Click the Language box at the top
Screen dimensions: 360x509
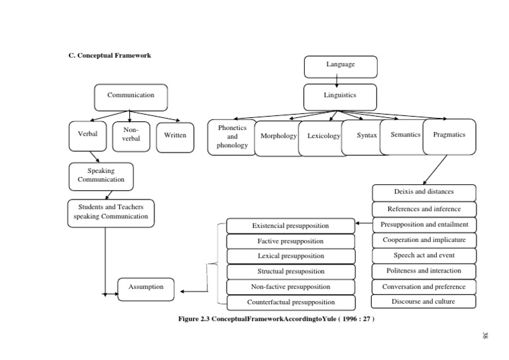tap(340, 66)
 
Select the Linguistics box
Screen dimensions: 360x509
tap(340, 95)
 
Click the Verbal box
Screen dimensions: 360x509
tap(87, 135)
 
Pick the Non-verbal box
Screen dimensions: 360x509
tap(131, 135)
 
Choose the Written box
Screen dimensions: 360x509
tap(175, 135)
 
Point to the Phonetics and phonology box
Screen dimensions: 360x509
tap(232, 137)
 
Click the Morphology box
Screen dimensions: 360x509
tap(278, 137)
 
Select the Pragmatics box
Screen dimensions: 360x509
tap(449, 135)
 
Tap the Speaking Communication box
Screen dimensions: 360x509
tap(101, 176)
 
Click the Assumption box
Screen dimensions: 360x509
tap(141, 288)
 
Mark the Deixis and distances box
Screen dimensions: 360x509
tap(424, 192)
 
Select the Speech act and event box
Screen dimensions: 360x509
tap(424, 255)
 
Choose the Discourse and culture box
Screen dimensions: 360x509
tap(424, 302)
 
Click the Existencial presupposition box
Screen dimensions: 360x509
tap(290, 226)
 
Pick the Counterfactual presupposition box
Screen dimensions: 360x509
tap(290, 302)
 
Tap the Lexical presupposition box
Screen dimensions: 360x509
tap(290, 256)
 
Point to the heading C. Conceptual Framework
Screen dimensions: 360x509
tap(110, 55)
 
